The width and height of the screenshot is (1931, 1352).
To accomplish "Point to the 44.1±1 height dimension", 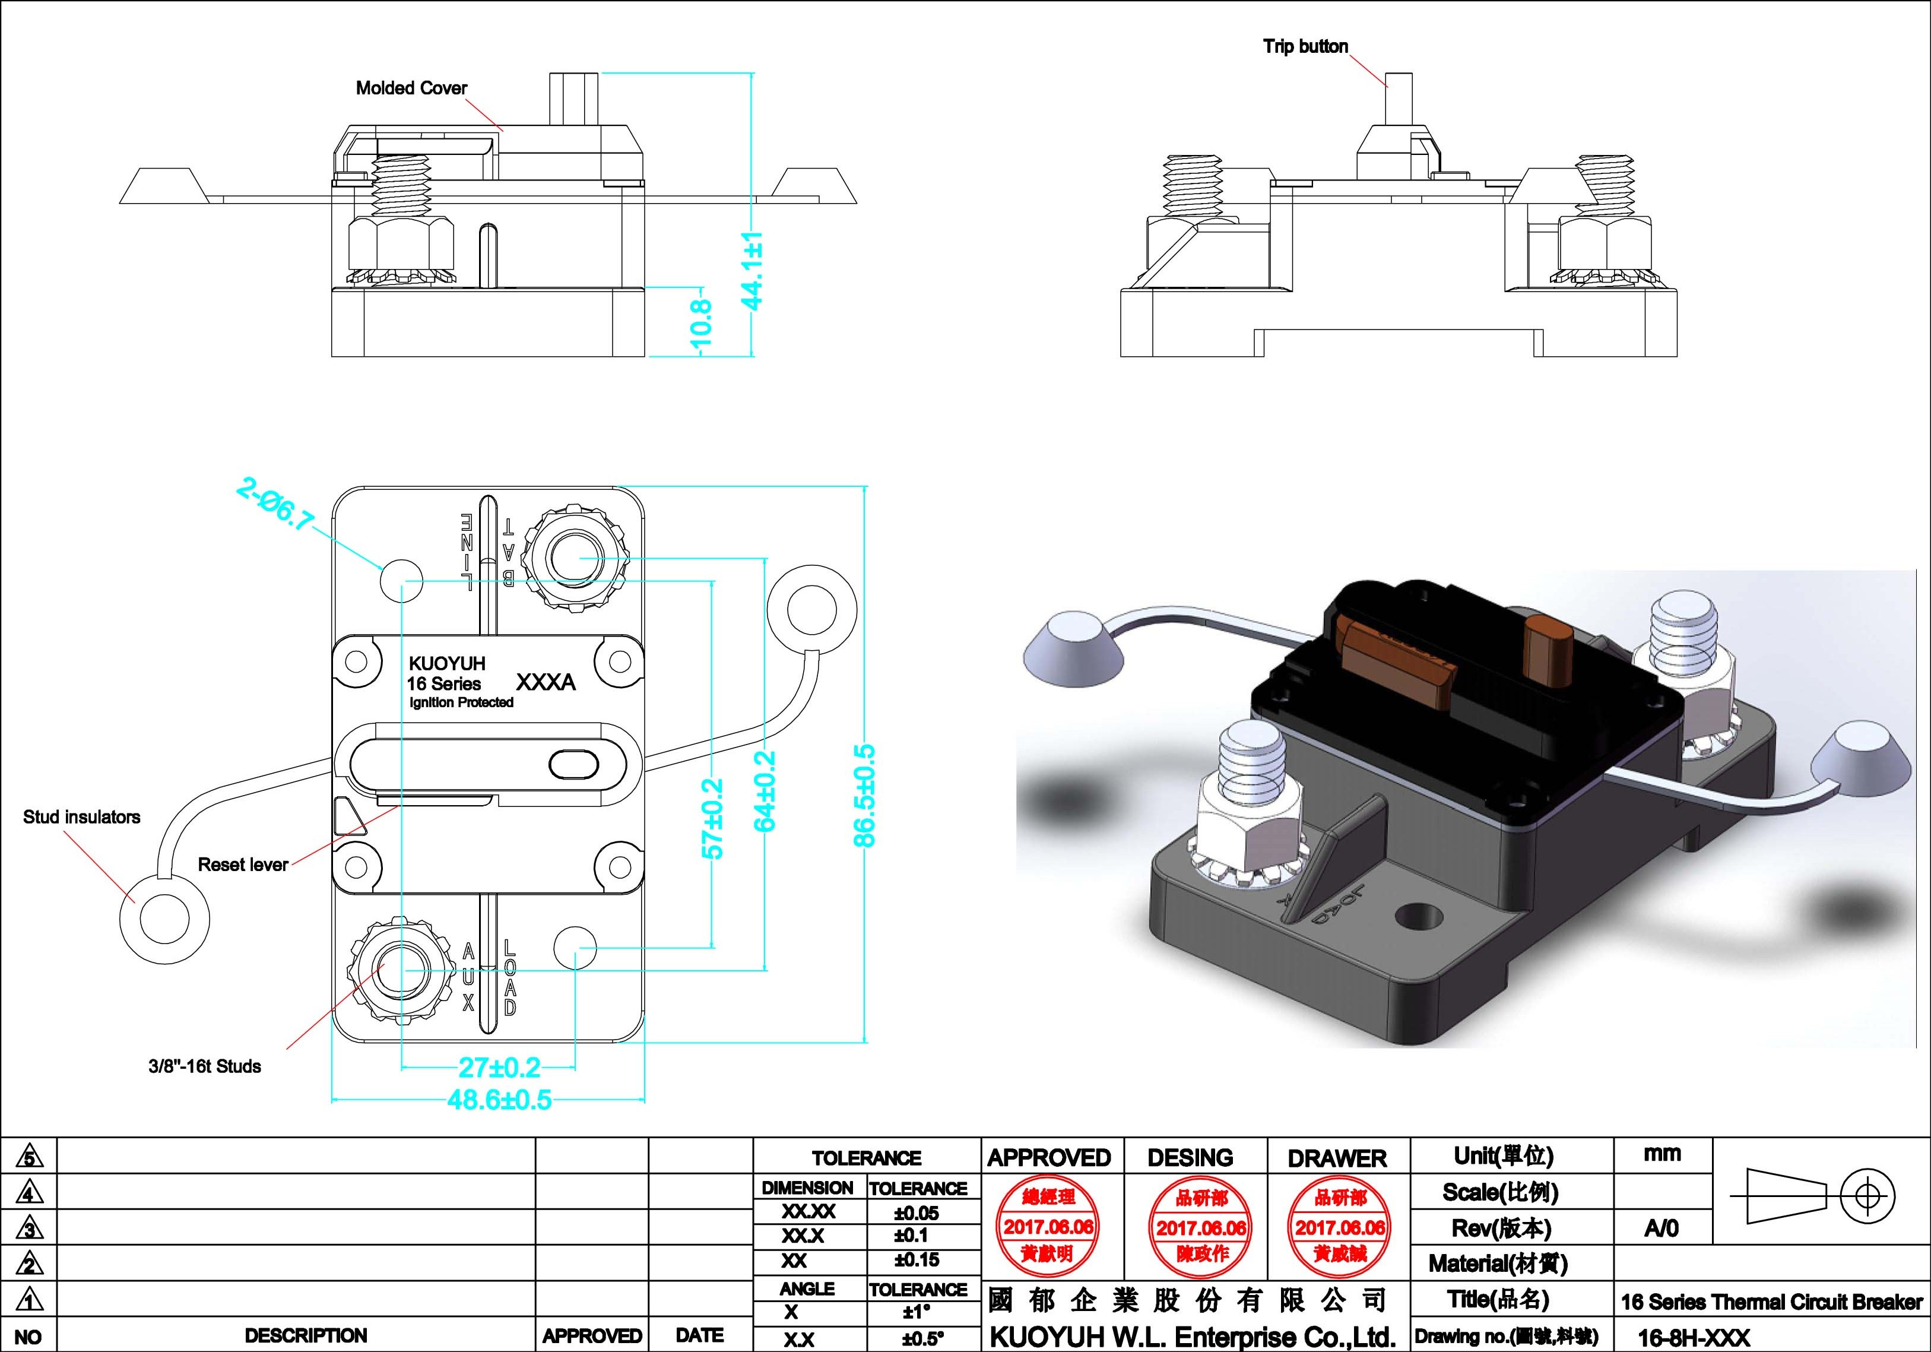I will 753,270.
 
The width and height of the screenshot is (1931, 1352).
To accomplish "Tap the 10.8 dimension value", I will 700,322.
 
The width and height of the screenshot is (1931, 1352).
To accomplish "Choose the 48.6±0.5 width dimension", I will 500,1100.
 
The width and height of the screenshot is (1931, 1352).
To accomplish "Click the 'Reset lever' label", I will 243,865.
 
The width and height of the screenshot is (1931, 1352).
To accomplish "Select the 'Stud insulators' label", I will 81,817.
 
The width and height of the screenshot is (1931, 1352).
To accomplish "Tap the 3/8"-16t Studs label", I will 204,1067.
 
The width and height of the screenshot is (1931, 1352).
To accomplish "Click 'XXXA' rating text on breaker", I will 545,682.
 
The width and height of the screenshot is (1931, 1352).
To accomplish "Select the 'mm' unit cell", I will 1662,1154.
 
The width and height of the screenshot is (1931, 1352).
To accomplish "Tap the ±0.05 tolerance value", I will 916,1213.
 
